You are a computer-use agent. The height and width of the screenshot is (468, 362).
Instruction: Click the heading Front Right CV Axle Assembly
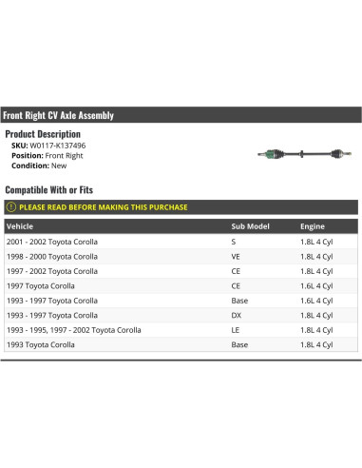click(59, 115)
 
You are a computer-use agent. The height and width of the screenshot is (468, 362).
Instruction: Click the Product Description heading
click(43, 134)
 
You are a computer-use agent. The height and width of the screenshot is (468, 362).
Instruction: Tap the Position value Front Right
click(64, 155)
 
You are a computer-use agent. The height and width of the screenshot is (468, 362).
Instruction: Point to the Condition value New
click(59, 166)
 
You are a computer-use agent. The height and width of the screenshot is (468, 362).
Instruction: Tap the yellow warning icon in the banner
click(12, 207)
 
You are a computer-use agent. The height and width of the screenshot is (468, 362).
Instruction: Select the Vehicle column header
click(19, 227)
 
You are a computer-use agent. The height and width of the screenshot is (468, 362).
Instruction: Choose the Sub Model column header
click(250, 227)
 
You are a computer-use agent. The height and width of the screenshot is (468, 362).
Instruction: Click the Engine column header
click(312, 227)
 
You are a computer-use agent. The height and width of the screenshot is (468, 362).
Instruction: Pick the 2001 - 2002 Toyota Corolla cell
click(51, 242)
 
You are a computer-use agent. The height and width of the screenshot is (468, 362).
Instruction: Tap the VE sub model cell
click(237, 257)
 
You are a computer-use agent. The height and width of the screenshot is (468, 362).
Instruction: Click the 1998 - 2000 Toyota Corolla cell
click(51, 257)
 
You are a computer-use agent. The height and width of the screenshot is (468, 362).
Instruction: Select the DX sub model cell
click(237, 315)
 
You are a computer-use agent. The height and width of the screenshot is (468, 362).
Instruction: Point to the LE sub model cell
click(236, 330)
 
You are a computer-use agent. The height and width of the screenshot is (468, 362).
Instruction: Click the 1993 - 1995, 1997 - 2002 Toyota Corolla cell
click(73, 330)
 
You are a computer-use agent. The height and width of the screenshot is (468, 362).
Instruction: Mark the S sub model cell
click(234, 242)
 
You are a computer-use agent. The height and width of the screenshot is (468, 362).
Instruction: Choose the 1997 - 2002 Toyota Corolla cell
click(51, 271)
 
